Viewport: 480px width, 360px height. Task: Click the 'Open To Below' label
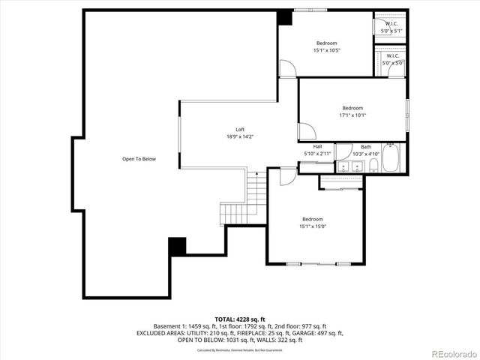point(139,159)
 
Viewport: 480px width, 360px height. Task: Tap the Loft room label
point(240,133)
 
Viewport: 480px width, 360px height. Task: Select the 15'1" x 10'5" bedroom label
point(326,46)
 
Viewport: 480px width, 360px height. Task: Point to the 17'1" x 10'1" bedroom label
point(352,112)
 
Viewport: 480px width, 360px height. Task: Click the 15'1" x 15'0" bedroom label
point(313,223)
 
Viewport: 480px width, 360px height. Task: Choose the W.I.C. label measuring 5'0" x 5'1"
point(392,27)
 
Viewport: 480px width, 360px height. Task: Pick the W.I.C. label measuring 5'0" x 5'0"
point(392,60)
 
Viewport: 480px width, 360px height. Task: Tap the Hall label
point(317,149)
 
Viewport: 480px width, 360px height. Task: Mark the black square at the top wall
point(285,17)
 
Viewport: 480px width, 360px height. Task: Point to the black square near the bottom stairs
point(177,246)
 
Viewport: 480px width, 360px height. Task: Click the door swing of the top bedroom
point(287,68)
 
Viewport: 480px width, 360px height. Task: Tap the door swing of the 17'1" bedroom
point(306,131)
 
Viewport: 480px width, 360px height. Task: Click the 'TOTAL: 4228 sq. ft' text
point(240,319)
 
